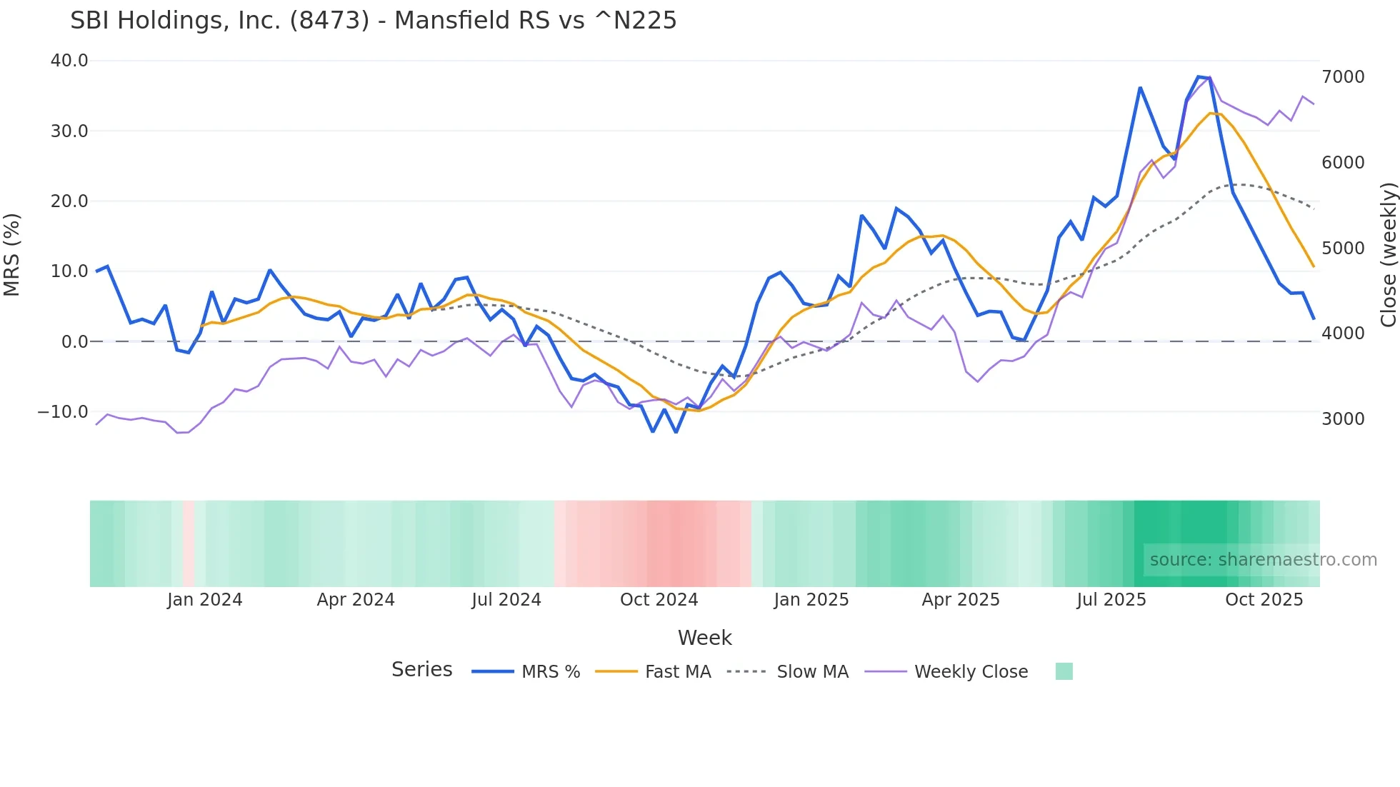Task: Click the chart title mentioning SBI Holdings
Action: pyautogui.click(x=373, y=21)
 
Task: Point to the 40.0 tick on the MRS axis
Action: pyautogui.click(x=69, y=61)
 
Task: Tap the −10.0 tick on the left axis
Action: pyautogui.click(x=63, y=412)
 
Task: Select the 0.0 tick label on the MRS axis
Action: pyautogui.click(x=74, y=342)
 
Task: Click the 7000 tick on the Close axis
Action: pyautogui.click(x=1343, y=77)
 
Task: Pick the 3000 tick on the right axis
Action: pyautogui.click(x=1343, y=419)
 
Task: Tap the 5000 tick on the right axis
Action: pyautogui.click(x=1343, y=249)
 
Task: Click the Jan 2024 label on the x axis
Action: pyautogui.click(x=205, y=600)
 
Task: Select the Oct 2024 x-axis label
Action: pyautogui.click(x=659, y=600)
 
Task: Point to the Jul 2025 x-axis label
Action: pyautogui.click(x=1111, y=600)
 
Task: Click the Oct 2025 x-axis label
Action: pyautogui.click(x=1264, y=600)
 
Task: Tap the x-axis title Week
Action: pyautogui.click(x=704, y=638)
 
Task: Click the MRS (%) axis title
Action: pyautogui.click(x=12, y=254)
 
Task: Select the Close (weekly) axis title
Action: pyautogui.click(x=1388, y=254)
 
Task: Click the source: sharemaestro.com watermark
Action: pyautogui.click(x=1263, y=560)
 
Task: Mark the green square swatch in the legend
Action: pyautogui.click(x=1064, y=671)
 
